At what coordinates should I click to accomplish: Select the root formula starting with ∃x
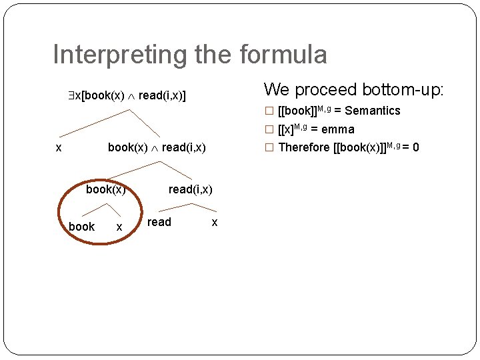[x=126, y=96]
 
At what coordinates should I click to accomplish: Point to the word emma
[x=337, y=129]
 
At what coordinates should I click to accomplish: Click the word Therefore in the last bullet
[x=303, y=147]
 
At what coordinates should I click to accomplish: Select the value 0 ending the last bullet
[x=415, y=147]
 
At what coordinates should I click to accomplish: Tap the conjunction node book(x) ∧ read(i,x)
[x=157, y=147]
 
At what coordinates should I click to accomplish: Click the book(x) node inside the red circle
[x=105, y=189]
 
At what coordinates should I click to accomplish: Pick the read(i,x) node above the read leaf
[x=190, y=189]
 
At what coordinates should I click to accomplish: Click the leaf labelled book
[x=81, y=227]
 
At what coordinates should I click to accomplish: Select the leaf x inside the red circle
[x=119, y=227]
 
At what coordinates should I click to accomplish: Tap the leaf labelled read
[x=159, y=222]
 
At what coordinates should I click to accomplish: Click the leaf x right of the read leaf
[x=214, y=223]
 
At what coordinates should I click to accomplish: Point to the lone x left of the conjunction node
[x=59, y=148]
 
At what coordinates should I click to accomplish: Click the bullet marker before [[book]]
[x=269, y=111]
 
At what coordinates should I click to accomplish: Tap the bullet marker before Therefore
[x=269, y=147]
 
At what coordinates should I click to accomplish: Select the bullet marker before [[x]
[x=269, y=129]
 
